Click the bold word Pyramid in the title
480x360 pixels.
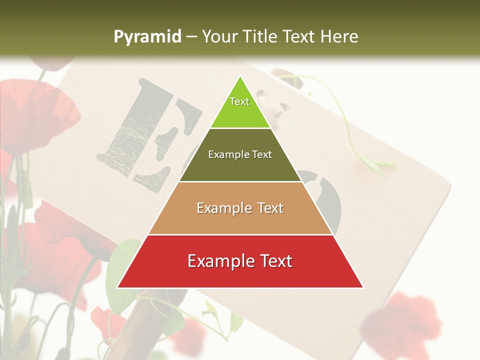click(x=147, y=37)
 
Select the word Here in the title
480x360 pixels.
click(x=339, y=37)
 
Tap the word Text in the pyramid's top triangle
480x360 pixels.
click(x=239, y=101)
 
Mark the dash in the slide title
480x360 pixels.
click(x=191, y=37)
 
